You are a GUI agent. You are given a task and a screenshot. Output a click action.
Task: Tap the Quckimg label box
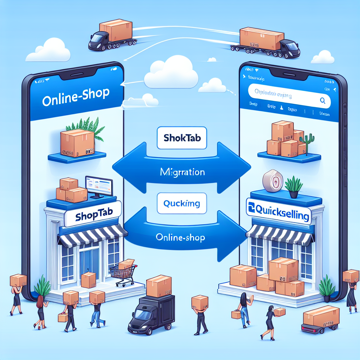(x=182, y=203)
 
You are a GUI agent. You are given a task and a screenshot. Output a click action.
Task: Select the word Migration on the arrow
(x=182, y=173)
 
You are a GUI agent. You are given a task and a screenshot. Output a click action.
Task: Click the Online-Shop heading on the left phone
(x=76, y=97)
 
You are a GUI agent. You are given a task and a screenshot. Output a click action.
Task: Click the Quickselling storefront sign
(x=279, y=212)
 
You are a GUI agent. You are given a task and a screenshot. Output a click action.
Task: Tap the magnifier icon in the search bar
(x=323, y=100)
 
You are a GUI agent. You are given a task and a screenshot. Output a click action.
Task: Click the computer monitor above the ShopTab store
(x=99, y=186)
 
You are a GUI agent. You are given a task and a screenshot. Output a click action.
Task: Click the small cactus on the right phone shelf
(x=304, y=143)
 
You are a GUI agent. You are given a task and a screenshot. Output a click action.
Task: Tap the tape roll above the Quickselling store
(x=272, y=181)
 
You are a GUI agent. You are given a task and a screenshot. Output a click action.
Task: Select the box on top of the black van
(x=159, y=285)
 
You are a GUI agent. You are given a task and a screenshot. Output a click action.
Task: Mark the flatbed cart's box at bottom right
(x=321, y=315)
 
